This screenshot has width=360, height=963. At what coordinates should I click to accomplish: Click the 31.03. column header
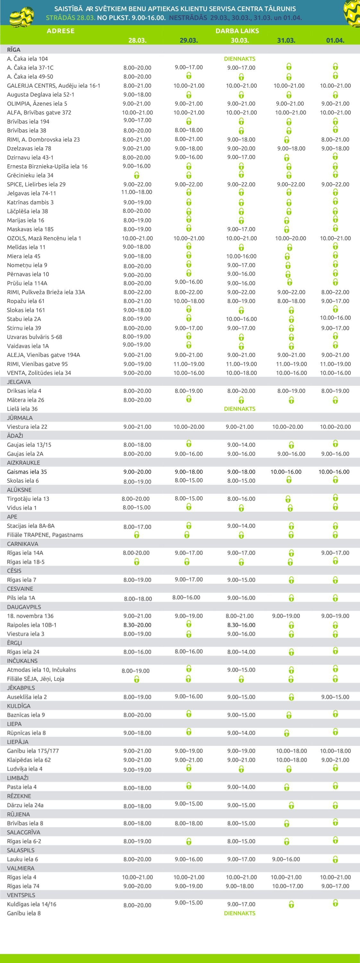click(x=286, y=40)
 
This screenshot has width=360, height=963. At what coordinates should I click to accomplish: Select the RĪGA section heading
click(x=14, y=50)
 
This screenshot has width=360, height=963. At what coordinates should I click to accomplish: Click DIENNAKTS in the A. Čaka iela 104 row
click(x=240, y=59)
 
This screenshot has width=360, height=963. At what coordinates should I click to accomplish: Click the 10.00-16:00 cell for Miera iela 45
click(x=241, y=256)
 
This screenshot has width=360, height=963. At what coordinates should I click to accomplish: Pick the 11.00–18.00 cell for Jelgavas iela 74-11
click(x=137, y=192)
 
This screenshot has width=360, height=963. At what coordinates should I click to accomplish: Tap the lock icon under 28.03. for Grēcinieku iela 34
click(x=137, y=175)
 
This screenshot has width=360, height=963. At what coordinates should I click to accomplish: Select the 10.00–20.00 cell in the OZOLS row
click(x=290, y=238)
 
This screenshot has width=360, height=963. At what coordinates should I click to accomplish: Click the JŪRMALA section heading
click(x=20, y=418)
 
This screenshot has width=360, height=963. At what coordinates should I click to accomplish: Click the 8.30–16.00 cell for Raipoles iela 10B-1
click(x=241, y=625)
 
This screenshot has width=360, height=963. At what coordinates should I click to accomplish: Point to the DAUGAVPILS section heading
click(x=24, y=607)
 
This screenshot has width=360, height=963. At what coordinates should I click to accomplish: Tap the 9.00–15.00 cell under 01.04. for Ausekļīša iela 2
click(x=335, y=697)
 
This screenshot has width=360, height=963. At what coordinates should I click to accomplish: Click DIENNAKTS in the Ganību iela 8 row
click(x=240, y=913)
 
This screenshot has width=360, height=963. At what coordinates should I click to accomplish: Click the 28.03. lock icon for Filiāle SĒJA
click(x=137, y=679)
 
